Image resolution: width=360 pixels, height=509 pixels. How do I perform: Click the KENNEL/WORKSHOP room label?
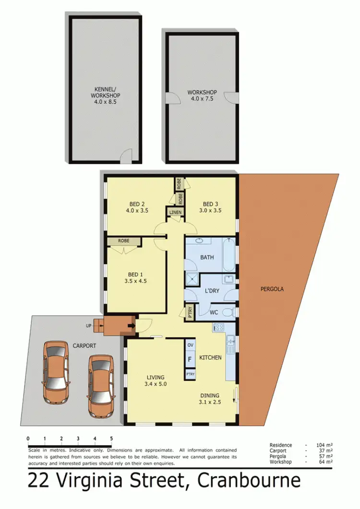[105, 95]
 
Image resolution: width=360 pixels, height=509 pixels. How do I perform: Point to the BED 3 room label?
[211, 206]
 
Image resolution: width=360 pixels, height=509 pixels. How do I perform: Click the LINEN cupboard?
[174, 212]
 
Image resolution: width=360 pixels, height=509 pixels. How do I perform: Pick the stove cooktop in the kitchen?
[218, 327]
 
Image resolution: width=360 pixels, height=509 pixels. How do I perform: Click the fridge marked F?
[190, 359]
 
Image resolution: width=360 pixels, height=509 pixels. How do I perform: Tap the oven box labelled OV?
[190, 345]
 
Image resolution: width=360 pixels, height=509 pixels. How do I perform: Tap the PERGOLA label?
[272, 289]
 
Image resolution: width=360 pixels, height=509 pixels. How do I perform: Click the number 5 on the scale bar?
[111, 438]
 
